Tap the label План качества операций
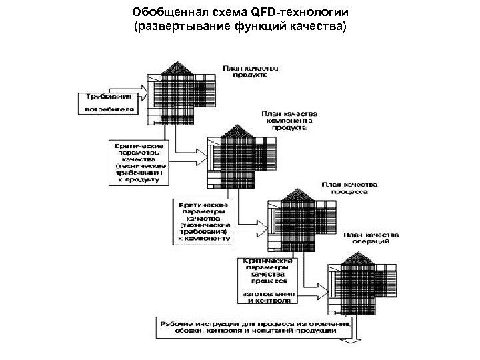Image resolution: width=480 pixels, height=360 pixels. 371,239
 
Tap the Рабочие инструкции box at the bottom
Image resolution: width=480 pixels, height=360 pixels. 254,327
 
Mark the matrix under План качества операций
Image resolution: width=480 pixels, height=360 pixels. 360,280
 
